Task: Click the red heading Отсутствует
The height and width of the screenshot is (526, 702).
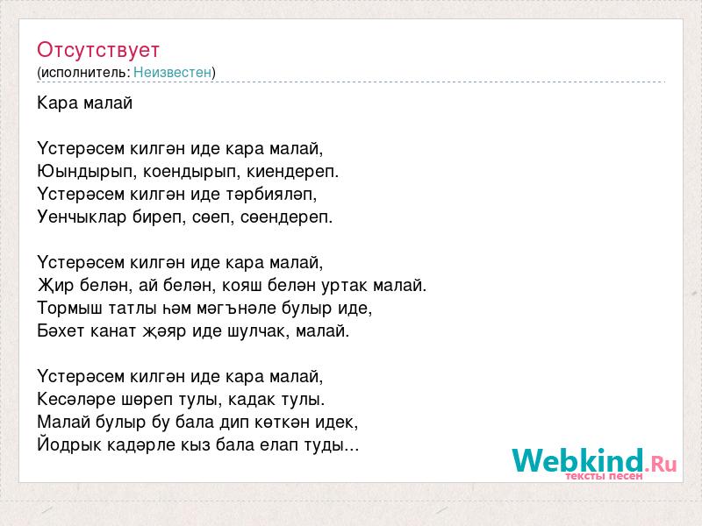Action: tap(98, 50)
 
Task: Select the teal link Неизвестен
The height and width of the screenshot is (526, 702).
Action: tap(172, 72)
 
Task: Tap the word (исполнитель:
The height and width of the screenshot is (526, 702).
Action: tap(83, 73)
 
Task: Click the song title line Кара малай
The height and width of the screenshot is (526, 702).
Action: tap(84, 103)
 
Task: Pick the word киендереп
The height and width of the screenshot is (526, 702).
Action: tap(293, 172)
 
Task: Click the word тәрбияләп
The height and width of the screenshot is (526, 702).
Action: tap(271, 195)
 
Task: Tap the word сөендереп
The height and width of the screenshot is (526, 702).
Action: tap(287, 217)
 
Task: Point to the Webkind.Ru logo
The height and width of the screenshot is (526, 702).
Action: tap(594, 464)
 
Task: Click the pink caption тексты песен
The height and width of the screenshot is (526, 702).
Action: tap(604, 476)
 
